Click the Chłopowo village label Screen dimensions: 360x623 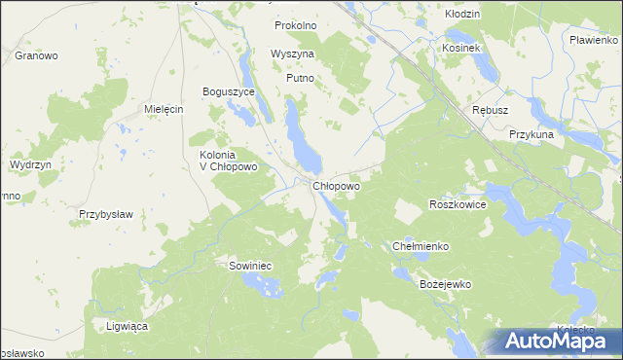337,185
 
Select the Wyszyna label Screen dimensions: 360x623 292,54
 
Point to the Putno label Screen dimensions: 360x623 300,78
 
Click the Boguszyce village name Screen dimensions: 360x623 228,91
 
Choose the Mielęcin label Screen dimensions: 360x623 164,109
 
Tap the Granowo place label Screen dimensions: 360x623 36,55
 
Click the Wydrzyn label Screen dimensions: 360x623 30,165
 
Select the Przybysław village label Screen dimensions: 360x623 105,213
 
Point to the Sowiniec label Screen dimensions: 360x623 250,265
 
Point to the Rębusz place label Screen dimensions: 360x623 490,110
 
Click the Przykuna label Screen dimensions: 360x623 531,134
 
